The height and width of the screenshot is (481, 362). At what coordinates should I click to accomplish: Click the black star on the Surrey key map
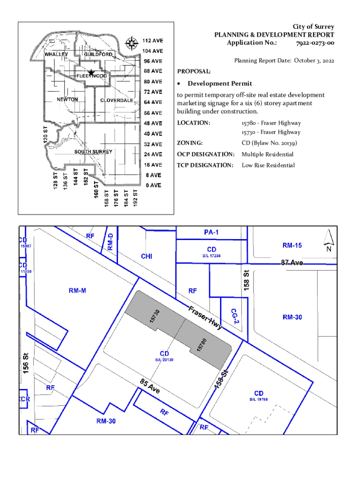[x=91, y=72]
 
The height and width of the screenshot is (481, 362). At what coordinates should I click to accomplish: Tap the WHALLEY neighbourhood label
[x=57, y=54]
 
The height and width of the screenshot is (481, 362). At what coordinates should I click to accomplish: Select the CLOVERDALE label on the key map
[x=117, y=101]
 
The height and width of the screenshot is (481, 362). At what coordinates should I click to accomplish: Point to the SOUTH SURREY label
[x=93, y=152]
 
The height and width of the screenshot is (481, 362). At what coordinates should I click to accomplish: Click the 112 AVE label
[x=153, y=40]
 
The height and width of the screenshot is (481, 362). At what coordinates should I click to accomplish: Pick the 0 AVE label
[x=153, y=185]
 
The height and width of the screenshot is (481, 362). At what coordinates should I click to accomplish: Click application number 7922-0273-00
[x=315, y=43]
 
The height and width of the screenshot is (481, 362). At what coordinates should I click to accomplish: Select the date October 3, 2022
[x=313, y=60]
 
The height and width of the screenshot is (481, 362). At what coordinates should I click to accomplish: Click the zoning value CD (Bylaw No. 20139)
[x=269, y=143]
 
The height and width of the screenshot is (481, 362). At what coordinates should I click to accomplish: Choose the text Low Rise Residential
[x=268, y=165]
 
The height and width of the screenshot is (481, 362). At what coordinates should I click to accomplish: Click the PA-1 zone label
[x=212, y=232]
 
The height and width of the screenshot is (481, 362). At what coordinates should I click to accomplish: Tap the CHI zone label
[x=147, y=256]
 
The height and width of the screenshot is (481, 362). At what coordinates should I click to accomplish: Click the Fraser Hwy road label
[x=205, y=318]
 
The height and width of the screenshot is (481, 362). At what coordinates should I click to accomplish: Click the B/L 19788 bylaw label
[x=259, y=399]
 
